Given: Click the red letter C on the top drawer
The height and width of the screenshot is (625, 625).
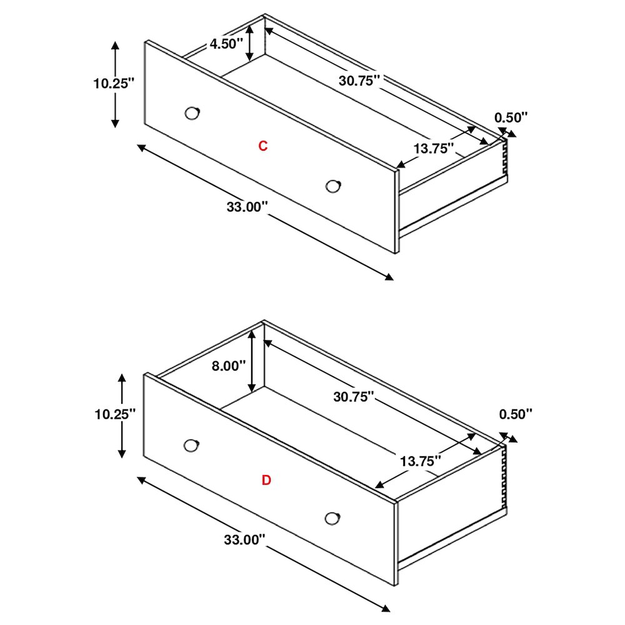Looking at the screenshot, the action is [x=262, y=146].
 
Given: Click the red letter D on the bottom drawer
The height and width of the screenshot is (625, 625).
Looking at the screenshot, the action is [x=266, y=480].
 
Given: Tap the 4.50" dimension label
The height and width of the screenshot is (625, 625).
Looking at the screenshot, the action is [x=226, y=44].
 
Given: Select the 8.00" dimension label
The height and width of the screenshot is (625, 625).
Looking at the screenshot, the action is [x=228, y=366].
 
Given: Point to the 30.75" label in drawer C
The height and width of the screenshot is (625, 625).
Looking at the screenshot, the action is [x=359, y=81].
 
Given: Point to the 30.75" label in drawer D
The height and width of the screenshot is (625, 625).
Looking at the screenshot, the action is [x=354, y=397].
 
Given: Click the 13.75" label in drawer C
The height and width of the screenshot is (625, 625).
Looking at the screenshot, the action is [x=434, y=149].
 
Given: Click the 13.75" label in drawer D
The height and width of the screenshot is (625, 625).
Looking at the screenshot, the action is [x=421, y=462].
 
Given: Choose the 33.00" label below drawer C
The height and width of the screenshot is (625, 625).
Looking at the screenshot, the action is [x=247, y=207].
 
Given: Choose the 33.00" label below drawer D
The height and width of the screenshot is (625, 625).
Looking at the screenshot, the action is [x=244, y=540].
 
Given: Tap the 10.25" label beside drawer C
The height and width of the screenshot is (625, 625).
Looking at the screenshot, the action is [x=114, y=84].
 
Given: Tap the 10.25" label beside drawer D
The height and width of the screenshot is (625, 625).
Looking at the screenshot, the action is [x=115, y=414].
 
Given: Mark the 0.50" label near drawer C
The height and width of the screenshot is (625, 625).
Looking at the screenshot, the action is [x=511, y=117].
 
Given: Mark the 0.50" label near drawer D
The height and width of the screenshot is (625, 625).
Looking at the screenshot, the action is [x=516, y=414].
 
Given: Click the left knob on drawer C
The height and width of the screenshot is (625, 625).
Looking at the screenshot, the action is [x=192, y=113].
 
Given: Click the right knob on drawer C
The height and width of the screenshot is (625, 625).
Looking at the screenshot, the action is [x=333, y=186].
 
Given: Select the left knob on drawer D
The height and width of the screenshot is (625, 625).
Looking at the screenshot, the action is [x=192, y=446].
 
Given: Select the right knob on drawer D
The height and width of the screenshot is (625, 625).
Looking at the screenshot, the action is [x=332, y=519].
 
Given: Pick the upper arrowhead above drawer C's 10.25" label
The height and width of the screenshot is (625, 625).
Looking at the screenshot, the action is [x=115, y=44].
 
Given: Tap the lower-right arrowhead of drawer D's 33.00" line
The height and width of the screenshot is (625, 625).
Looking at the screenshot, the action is [x=386, y=609].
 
